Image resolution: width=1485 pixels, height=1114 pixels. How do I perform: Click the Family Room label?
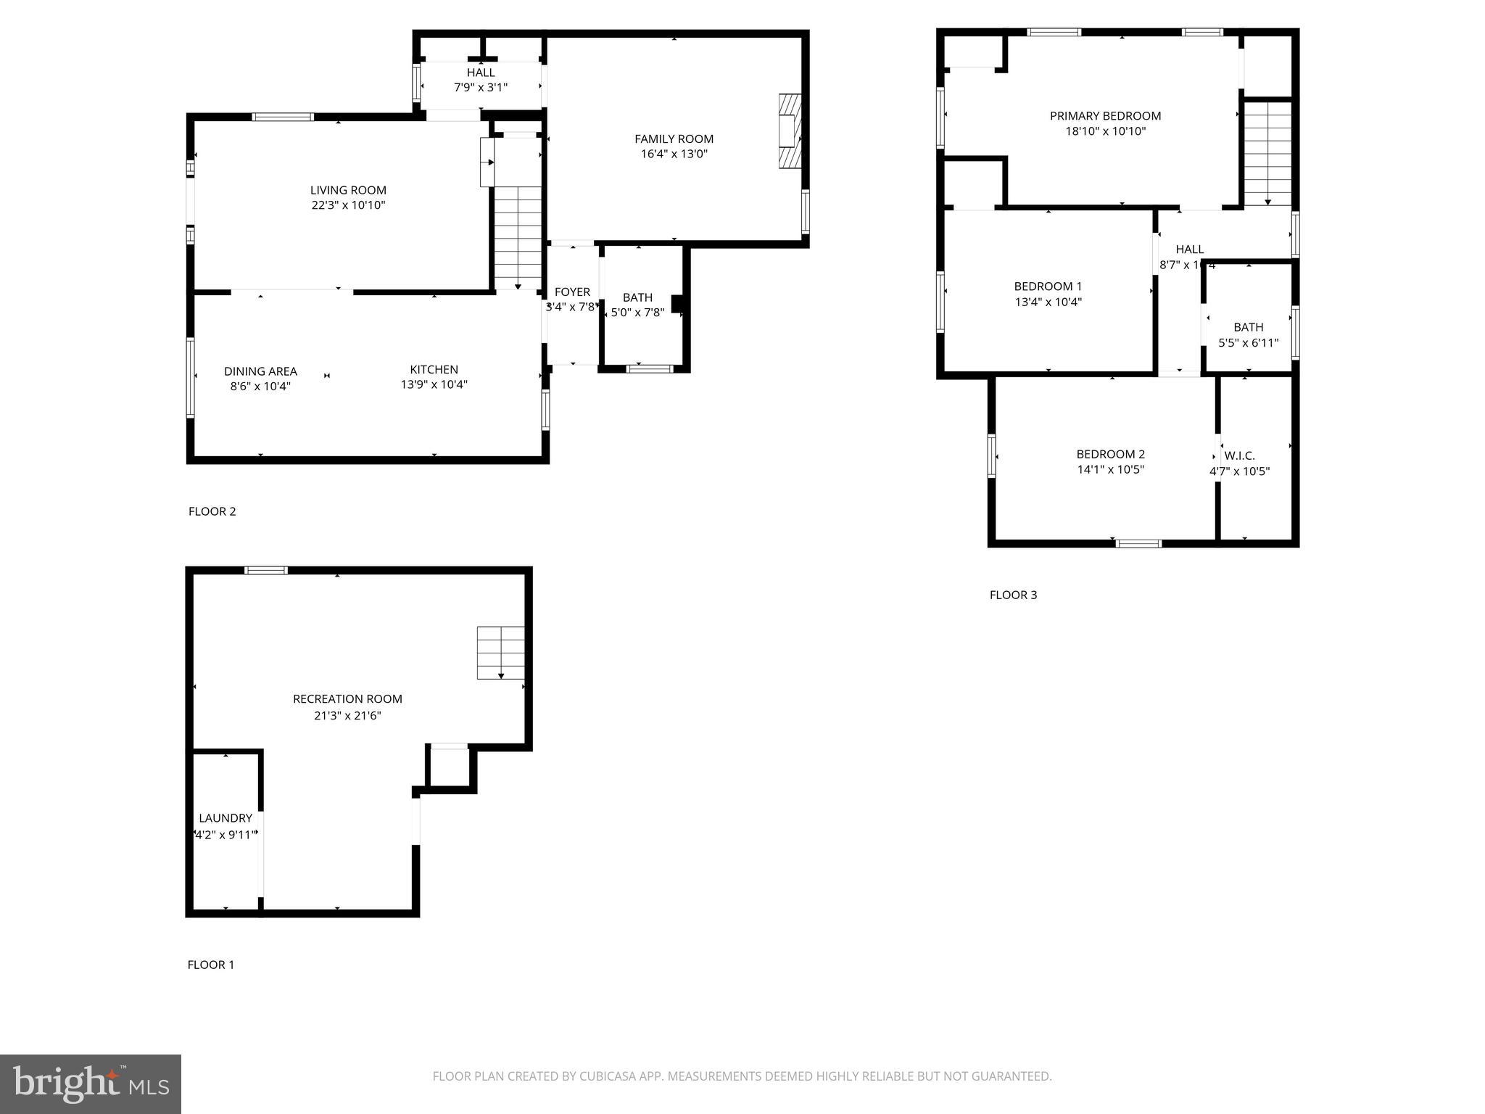[674, 139]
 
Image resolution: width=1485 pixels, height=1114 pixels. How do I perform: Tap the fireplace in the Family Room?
[790, 131]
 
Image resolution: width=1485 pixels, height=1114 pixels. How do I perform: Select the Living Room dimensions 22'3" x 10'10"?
[348, 205]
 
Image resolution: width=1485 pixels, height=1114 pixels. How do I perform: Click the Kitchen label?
[434, 369]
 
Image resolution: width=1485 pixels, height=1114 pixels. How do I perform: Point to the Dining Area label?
[260, 371]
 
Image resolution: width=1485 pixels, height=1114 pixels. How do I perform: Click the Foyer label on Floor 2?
[572, 292]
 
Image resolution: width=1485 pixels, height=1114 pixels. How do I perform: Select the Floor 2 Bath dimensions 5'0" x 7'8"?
[637, 313]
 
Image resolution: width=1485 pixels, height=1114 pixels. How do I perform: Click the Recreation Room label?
[347, 699]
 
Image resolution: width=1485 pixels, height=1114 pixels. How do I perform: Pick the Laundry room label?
[226, 818]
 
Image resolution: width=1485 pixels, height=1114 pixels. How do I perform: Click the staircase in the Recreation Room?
[500, 653]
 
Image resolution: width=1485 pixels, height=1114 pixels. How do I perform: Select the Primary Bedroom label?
[1105, 116]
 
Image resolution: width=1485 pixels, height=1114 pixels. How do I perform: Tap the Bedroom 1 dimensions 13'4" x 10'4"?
[1048, 302]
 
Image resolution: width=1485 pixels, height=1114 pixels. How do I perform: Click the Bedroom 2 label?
[1110, 454]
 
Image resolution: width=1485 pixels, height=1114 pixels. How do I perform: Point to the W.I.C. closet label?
[1239, 455]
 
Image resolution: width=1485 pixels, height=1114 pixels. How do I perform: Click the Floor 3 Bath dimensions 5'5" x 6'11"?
[1248, 343]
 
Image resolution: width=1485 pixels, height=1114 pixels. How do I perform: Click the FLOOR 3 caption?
[1013, 595]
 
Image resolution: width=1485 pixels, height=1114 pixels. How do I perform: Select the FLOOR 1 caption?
[211, 965]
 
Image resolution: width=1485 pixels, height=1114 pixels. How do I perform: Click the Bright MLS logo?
[91, 1084]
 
